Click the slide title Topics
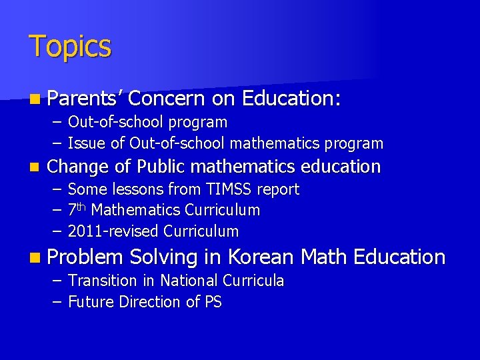click(70, 47)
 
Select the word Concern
click(167, 99)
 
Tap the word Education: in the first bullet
click(292, 99)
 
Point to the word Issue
click(87, 143)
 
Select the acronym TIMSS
click(231, 189)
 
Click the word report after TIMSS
click(278, 189)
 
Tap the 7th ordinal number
click(77, 210)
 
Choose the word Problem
click(86, 257)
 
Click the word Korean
click(259, 257)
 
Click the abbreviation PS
click(213, 302)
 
